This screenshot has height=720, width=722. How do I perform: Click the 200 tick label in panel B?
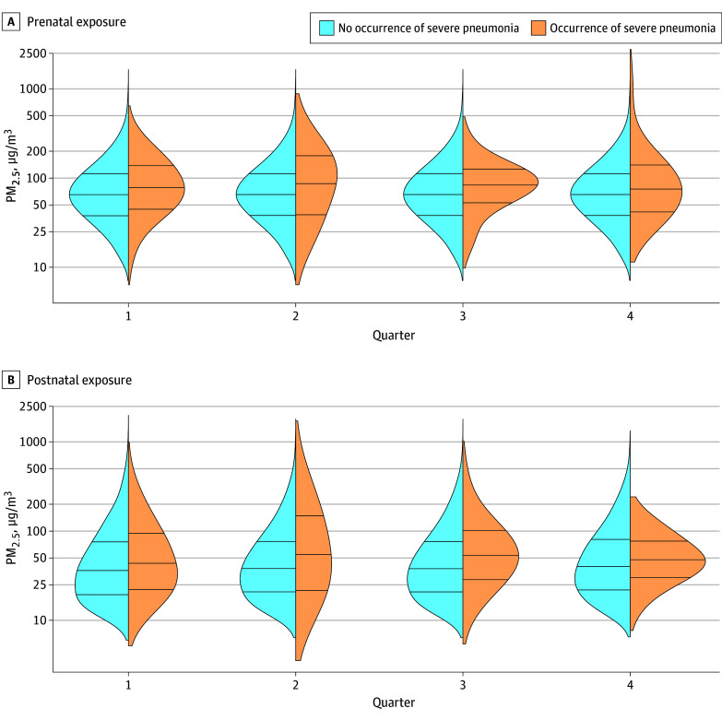coord(34,504)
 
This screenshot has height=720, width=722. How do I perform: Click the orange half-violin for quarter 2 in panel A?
coord(314,184)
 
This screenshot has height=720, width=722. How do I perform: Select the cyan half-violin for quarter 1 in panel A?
coord(101,194)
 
